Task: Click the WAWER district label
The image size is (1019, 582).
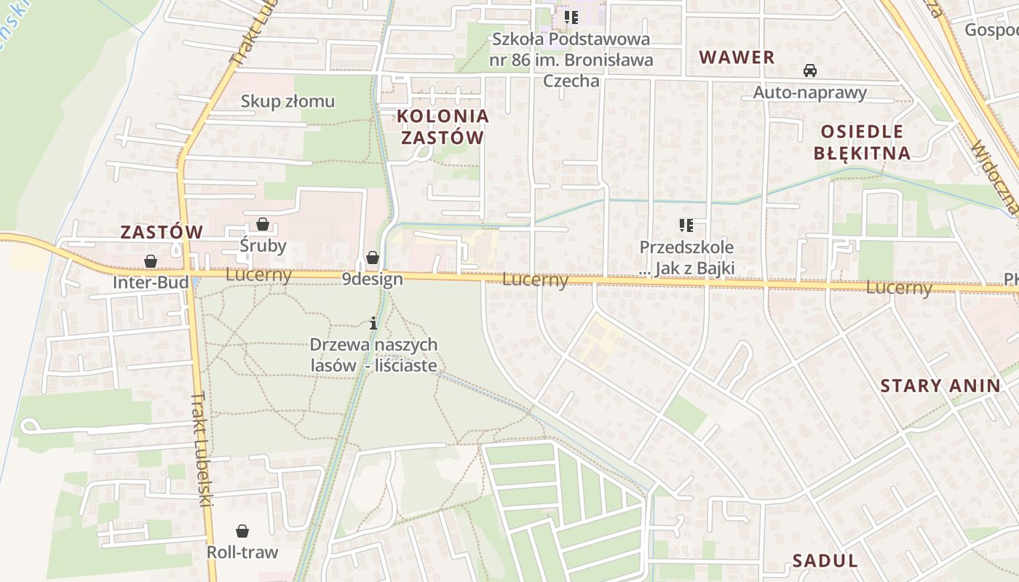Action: coord(737,57)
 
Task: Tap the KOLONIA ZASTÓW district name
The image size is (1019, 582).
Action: coord(443,127)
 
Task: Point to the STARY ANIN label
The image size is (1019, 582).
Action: coord(940,386)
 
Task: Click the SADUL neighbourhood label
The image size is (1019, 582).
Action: coord(825,560)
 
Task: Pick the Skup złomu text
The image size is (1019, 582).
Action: coord(288,101)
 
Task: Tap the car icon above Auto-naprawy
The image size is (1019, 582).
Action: coord(809,71)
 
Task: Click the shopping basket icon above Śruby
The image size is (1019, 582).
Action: coord(262,224)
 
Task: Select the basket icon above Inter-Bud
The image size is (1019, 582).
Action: coord(150,260)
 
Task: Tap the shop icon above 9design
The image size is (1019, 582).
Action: coord(372,258)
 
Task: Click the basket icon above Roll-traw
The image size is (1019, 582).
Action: coord(242,531)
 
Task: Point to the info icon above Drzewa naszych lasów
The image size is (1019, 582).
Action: coord(373,323)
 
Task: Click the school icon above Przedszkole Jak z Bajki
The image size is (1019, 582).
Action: coord(686,226)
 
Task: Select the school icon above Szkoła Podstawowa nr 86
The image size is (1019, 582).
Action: coord(571,16)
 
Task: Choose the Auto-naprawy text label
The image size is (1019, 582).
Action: coord(809,92)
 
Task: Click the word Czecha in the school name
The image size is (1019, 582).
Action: coord(571,81)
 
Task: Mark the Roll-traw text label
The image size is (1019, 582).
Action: coord(242,552)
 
